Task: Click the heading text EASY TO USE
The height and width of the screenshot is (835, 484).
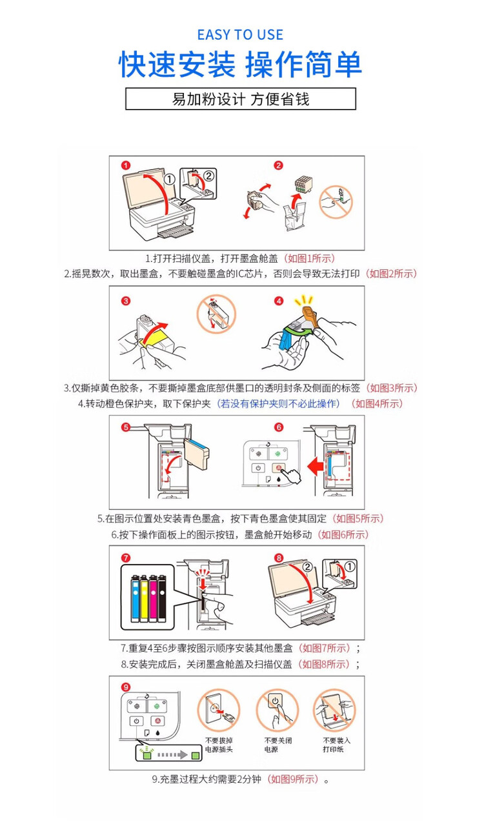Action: (240, 35)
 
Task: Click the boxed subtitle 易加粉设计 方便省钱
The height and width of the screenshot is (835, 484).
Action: (240, 99)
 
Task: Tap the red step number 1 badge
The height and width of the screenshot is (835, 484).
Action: (126, 165)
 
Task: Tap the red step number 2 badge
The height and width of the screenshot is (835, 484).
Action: (279, 165)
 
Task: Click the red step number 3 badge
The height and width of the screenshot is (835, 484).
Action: (126, 301)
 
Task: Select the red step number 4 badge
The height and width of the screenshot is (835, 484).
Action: (279, 301)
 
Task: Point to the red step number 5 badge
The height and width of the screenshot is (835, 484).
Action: (126, 427)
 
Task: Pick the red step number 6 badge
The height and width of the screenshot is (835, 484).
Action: (279, 427)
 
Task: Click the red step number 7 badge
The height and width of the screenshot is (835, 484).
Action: (126, 558)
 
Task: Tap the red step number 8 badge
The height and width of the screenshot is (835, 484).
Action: (279, 558)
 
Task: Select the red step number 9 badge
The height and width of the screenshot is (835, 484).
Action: (126, 686)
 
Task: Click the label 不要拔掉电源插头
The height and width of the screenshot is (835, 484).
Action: (218, 745)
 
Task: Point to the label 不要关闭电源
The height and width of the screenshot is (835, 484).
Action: (277, 745)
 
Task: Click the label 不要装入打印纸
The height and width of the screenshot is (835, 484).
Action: (336, 745)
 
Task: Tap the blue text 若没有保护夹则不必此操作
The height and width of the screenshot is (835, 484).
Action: (278, 404)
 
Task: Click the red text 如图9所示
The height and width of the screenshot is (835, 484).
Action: (294, 779)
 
